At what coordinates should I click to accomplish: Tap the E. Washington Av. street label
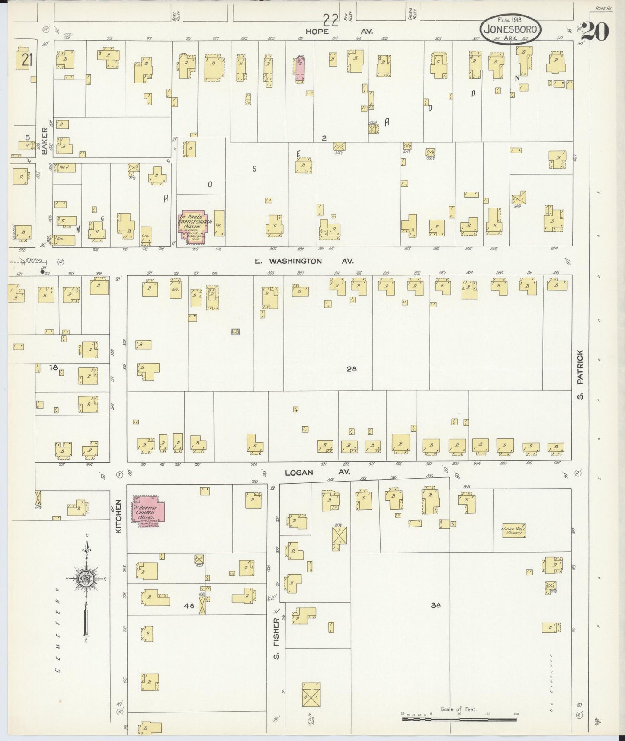click(x=304, y=261)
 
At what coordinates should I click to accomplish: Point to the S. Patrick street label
click(x=580, y=375)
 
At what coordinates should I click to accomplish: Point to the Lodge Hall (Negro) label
click(x=513, y=531)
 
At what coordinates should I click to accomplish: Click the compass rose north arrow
click(x=87, y=579)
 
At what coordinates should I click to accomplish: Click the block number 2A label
click(x=351, y=369)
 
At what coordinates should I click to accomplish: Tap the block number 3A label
click(x=435, y=606)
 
